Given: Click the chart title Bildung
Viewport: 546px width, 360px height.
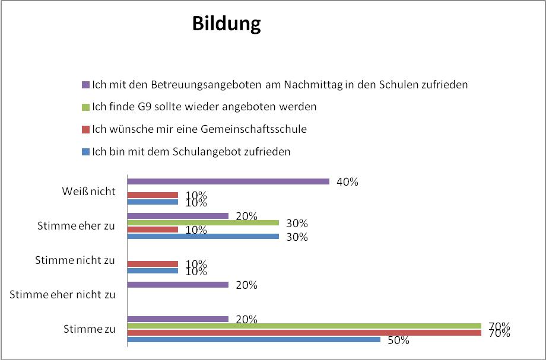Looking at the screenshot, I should (x=226, y=24).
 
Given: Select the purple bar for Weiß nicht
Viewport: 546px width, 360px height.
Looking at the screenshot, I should (x=228, y=181).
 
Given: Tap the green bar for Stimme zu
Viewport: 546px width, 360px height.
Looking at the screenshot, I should (x=304, y=326).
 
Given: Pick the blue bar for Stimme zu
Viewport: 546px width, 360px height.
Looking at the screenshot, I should (x=253, y=340).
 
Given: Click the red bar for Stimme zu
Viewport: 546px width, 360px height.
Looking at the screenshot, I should (x=304, y=333).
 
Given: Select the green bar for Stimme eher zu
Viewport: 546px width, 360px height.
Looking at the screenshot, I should (x=203, y=223).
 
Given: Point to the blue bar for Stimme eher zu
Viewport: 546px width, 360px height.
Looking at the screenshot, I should (x=203, y=236).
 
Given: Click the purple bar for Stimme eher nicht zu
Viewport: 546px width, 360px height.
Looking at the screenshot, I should (x=178, y=285).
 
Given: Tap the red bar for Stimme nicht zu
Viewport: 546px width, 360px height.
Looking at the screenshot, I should (x=153, y=264).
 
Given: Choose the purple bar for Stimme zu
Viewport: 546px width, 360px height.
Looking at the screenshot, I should (x=178, y=318).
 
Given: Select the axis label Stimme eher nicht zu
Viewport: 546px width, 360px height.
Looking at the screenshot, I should (x=63, y=294).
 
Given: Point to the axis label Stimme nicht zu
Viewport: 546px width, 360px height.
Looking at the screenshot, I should (x=75, y=260).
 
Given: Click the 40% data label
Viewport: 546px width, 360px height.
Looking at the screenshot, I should (x=347, y=182).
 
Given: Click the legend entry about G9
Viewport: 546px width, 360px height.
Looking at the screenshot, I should (x=204, y=107).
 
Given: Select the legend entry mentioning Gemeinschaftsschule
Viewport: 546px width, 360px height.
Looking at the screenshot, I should (x=198, y=129).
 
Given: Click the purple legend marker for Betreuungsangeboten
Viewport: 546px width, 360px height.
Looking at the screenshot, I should (x=85, y=85).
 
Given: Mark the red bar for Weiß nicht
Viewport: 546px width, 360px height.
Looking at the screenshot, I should (x=153, y=195).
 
